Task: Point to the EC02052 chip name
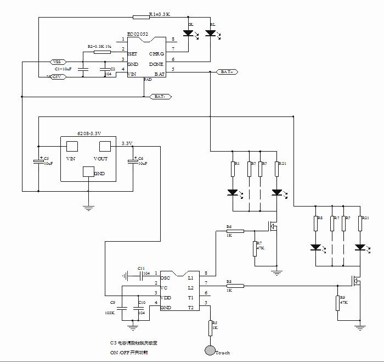click(x=138, y=34)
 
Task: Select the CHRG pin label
click(x=156, y=54)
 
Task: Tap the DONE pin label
click(x=156, y=64)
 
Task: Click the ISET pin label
click(x=132, y=54)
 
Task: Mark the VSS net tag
click(x=57, y=61)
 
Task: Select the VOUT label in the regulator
click(x=101, y=158)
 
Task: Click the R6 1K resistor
click(x=235, y=231)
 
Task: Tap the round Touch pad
click(x=210, y=349)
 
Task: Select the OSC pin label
click(x=165, y=278)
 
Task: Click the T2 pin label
click(x=191, y=307)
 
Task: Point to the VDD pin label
click(x=166, y=298)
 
